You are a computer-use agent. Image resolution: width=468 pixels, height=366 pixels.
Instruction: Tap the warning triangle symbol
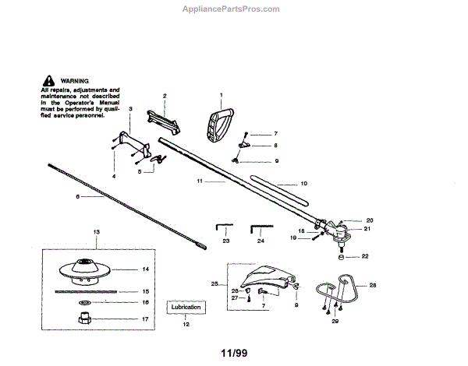tap(48, 81)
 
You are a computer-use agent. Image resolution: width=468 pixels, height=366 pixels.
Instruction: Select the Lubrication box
tap(186, 308)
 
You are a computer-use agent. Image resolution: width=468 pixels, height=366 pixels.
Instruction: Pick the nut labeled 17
tap(84, 318)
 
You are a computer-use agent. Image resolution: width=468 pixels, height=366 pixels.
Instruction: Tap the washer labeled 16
tap(84, 302)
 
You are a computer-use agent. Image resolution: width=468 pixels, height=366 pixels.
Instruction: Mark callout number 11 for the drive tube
tap(200, 181)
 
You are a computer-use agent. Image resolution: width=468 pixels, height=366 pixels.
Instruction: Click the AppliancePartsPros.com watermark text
tap(235, 9)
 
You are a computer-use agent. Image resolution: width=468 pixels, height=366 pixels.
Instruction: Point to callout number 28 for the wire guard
tap(372, 287)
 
